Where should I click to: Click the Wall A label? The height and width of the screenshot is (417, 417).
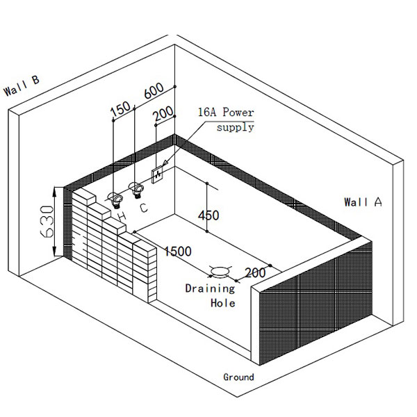click(x=363, y=202)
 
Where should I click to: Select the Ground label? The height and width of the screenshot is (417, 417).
click(x=238, y=377)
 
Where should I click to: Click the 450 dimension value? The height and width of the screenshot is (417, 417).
click(x=208, y=215)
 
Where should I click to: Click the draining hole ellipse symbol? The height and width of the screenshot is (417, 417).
click(x=222, y=270)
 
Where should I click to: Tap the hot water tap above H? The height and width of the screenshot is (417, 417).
click(x=116, y=199)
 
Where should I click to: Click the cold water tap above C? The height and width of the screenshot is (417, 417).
click(x=138, y=187)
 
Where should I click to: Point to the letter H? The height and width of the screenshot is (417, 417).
click(x=122, y=217)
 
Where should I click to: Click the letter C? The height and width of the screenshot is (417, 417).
click(x=143, y=207)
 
